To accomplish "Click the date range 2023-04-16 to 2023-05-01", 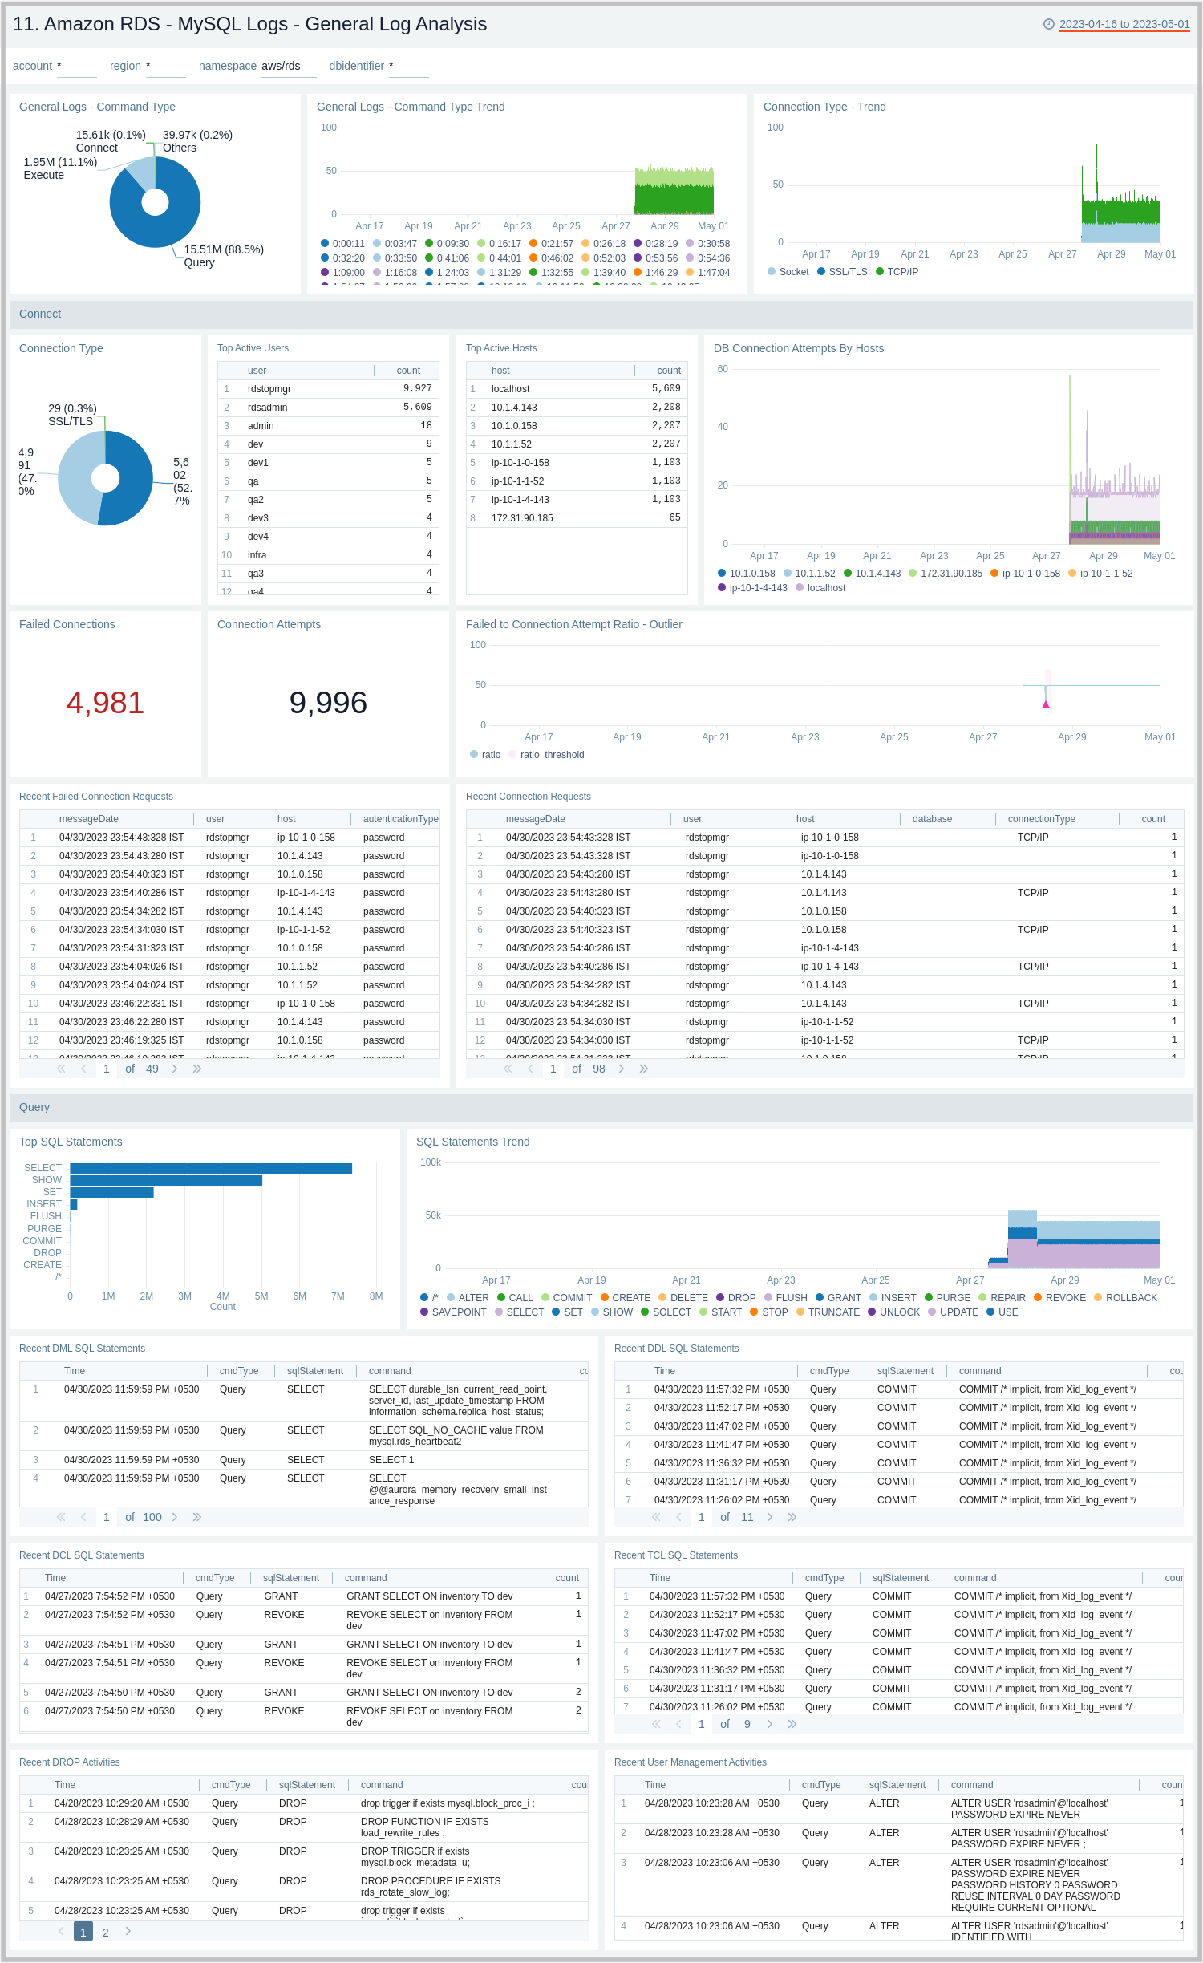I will tap(1124, 24).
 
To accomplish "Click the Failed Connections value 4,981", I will tap(105, 703).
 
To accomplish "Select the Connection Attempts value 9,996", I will tap(328, 703).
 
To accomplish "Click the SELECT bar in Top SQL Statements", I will tap(211, 1168).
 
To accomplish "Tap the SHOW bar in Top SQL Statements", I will tap(166, 1180).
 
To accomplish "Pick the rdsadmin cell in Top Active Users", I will tap(267, 408).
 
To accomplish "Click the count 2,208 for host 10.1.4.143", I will tap(666, 408).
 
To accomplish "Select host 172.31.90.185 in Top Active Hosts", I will tap(522, 518).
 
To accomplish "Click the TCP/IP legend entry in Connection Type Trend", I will tap(902, 272).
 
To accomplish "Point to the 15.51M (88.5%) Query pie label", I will tap(223, 255).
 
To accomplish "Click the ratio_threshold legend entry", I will tap(552, 755).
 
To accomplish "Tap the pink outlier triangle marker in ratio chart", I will tap(1046, 704).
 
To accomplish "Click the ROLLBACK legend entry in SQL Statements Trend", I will tap(1131, 1298).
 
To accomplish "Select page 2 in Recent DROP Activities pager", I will tap(106, 1933).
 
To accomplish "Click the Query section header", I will tap(34, 1107).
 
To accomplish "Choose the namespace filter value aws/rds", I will tap(282, 66).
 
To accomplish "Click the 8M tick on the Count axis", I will tap(375, 1296).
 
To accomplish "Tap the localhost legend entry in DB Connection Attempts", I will tap(825, 588).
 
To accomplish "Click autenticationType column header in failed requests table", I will tap(400, 819).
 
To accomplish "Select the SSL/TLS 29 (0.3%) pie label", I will tap(72, 415).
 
